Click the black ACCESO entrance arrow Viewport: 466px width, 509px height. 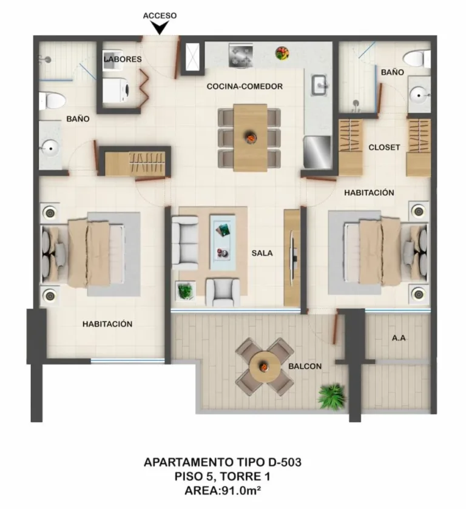pos(160,28)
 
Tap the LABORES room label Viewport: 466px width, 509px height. pos(123,59)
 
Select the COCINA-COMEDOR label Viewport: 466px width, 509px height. pos(245,87)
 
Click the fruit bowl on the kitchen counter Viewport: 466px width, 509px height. pos(282,53)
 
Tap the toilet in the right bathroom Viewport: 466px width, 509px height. pos(419,59)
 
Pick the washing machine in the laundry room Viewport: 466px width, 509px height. pos(115,92)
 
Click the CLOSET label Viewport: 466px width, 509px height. pos(384,147)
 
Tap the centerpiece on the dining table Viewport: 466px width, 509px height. pos(249,138)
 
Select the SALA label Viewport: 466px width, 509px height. pos(262,254)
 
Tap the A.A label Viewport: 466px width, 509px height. pos(399,339)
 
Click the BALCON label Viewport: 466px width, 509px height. pos(305,366)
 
